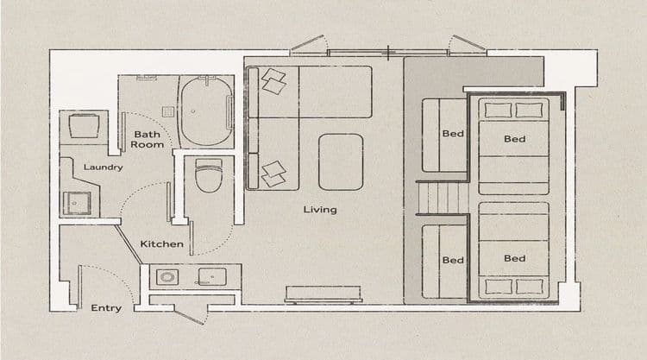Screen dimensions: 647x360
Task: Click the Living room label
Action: tap(320, 210)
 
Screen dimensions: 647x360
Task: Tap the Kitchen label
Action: tap(162, 244)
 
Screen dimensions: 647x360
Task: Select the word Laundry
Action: tap(104, 167)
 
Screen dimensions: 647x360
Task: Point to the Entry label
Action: tap(106, 308)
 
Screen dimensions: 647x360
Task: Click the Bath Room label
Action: tap(148, 140)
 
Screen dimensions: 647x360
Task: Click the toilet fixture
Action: tap(209, 175)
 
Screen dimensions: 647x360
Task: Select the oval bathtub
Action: tap(206, 111)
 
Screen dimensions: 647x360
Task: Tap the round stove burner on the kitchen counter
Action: tap(167, 277)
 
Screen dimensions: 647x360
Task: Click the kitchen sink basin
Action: tap(212, 276)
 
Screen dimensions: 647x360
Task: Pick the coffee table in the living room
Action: tap(341, 161)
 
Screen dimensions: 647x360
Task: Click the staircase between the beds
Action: tap(443, 199)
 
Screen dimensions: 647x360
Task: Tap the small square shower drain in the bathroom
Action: tap(167, 111)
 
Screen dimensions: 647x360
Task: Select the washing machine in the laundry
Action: tap(85, 126)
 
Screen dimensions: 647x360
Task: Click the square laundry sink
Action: tap(77, 203)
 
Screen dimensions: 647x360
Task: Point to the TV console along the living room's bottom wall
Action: tap(323, 294)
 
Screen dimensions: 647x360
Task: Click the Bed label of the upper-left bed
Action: tap(453, 134)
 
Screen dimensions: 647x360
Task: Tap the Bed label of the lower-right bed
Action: tap(514, 258)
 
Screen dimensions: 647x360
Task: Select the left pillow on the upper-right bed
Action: tap(498, 111)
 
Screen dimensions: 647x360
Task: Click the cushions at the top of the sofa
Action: tap(273, 81)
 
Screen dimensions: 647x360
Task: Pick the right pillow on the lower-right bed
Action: tap(530, 287)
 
